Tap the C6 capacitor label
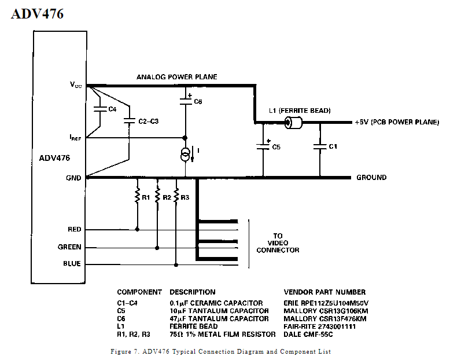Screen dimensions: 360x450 tap(198, 101)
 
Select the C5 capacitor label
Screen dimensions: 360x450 tap(276, 147)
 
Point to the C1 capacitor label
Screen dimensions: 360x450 tap(333, 147)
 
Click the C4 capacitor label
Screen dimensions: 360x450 tap(112, 108)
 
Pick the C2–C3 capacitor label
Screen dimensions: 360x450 tap(148, 122)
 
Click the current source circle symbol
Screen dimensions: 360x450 tap(186, 154)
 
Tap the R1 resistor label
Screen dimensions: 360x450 tap(146, 197)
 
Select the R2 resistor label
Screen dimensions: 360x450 tap(167, 197)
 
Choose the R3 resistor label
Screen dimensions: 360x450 tap(185, 197)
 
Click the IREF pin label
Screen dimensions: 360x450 tap(76, 138)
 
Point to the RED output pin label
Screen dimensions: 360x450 tap(74, 230)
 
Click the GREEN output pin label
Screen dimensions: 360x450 tap(69, 247)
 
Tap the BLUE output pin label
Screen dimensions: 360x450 tap(72, 265)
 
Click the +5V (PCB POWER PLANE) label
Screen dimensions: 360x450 tap(397, 123)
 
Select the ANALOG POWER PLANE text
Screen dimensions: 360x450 tap(176, 77)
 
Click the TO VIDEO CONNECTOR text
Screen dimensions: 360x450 tap(278, 243)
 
